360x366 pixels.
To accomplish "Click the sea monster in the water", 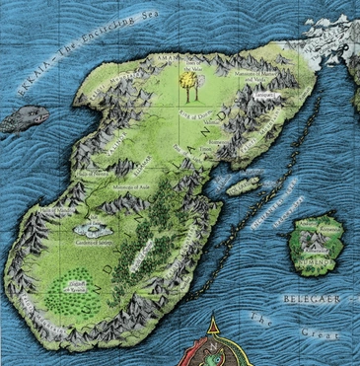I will coord(24,119).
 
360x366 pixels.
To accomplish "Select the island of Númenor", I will coord(316,241).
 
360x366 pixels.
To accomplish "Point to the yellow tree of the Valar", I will coord(187,86).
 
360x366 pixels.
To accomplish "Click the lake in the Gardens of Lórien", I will coord(87,226).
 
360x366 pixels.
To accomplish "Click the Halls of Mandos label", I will coord(55,211).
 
